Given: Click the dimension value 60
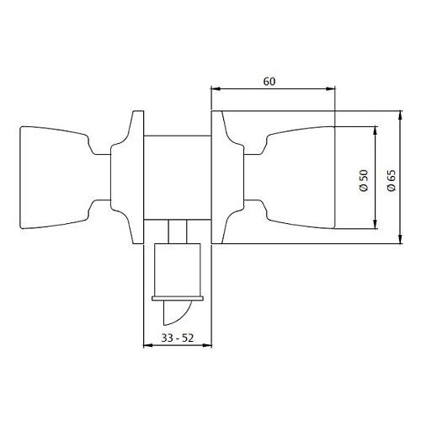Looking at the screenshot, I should point(269,82).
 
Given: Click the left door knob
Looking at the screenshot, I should point(55,178).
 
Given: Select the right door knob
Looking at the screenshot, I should point(299,178).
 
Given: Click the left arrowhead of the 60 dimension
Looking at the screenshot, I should point(215,88).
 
